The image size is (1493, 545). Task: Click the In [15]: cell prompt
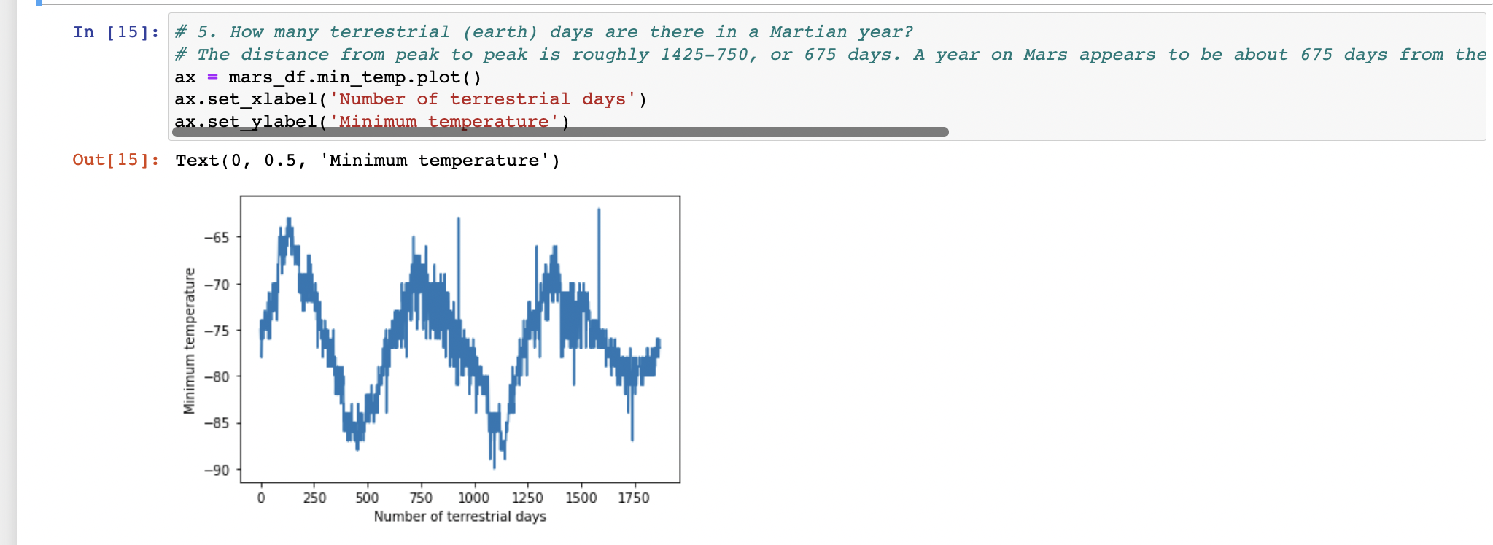[115, 32]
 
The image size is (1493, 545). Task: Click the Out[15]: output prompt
[115, 160]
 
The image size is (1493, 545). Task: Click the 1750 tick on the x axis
[633, 498]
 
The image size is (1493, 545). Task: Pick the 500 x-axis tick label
[367, 498]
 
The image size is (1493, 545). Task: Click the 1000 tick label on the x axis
[473, 498]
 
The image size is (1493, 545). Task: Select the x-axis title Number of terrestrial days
[459, 517]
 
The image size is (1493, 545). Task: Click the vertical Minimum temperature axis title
[190, 341]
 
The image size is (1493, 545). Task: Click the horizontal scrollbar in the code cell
[560, 132]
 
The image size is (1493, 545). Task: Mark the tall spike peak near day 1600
[599, 210]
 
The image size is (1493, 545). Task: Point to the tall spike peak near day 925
[459, 219]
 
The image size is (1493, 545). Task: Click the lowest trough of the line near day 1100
[494, 467]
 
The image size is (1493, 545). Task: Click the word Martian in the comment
[808, 32]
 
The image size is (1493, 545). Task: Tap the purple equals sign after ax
[212, 77]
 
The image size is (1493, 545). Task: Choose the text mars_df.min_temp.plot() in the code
[354, 77]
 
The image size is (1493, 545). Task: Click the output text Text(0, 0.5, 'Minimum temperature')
[368, 161]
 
